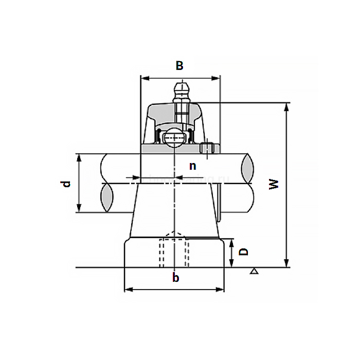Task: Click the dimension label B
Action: click(179, 65)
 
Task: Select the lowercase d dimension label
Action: click(66, 184)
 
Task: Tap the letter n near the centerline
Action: click(192, 166)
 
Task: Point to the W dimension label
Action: click(275, 184)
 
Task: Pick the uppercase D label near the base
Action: click(244, 251)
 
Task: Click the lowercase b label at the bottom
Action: click(176, 278)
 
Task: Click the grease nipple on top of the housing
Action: click(181, 91)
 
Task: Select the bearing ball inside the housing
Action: click(174, 138)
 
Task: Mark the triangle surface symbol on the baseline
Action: click(254, 271)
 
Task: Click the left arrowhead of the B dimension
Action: click(144, 79)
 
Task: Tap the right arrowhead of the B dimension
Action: click(217, 79)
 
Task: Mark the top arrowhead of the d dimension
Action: click(79, 157)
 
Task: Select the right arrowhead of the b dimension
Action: click(221, 290)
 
